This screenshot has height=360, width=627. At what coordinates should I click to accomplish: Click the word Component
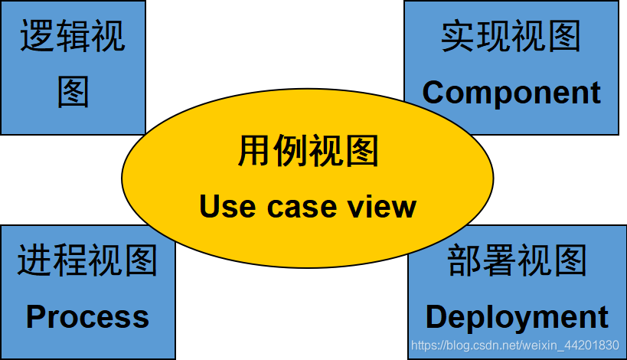pos(511,93)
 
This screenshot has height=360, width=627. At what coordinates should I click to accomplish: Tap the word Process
pos(87,316)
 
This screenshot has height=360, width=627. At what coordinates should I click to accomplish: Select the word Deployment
pos(517,317)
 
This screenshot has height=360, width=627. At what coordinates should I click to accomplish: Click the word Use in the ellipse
pos(225,206)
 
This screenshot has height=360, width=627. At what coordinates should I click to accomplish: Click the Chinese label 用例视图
pos(308,151)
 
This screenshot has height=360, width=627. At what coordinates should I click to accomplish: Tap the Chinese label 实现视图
pos(511,37)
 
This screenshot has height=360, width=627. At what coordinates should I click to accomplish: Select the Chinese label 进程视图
pos(87,260)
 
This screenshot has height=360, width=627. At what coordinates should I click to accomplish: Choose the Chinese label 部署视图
pos(517,260)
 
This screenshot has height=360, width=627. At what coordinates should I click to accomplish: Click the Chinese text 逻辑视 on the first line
pos(73,37)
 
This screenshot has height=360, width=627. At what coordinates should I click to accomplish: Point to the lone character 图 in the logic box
pos(73,91)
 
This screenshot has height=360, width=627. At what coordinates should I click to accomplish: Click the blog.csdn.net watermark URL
pos(514,346)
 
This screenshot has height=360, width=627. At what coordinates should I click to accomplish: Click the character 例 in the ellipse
pos(290,151)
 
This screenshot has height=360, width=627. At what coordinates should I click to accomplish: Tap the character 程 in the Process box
pos(70,260)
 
